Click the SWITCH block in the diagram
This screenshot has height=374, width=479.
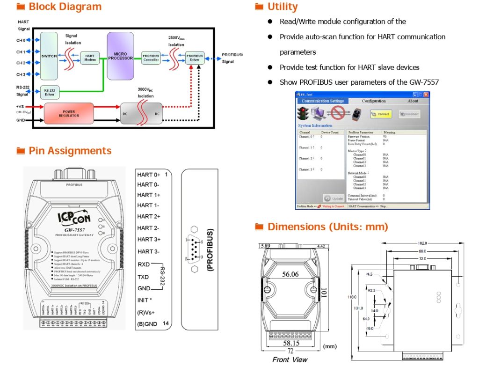[49, 56]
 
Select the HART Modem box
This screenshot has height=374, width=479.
[89, 58]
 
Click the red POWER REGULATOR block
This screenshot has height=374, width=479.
[68, 114]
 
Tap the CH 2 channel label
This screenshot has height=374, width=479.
[21, 63]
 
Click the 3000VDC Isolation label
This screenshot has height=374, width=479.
[145, 93]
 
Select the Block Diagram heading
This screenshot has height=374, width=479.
[65, 7]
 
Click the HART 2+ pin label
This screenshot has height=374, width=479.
[149, 217]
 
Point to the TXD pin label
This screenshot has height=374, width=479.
[143, 277]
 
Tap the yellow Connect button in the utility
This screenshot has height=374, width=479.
[381, 114]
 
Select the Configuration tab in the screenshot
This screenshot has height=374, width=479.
[373, 101]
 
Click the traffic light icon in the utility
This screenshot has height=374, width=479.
[304, 114]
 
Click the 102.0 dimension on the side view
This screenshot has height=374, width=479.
[422, 243]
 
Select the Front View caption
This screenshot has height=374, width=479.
[290, 359]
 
